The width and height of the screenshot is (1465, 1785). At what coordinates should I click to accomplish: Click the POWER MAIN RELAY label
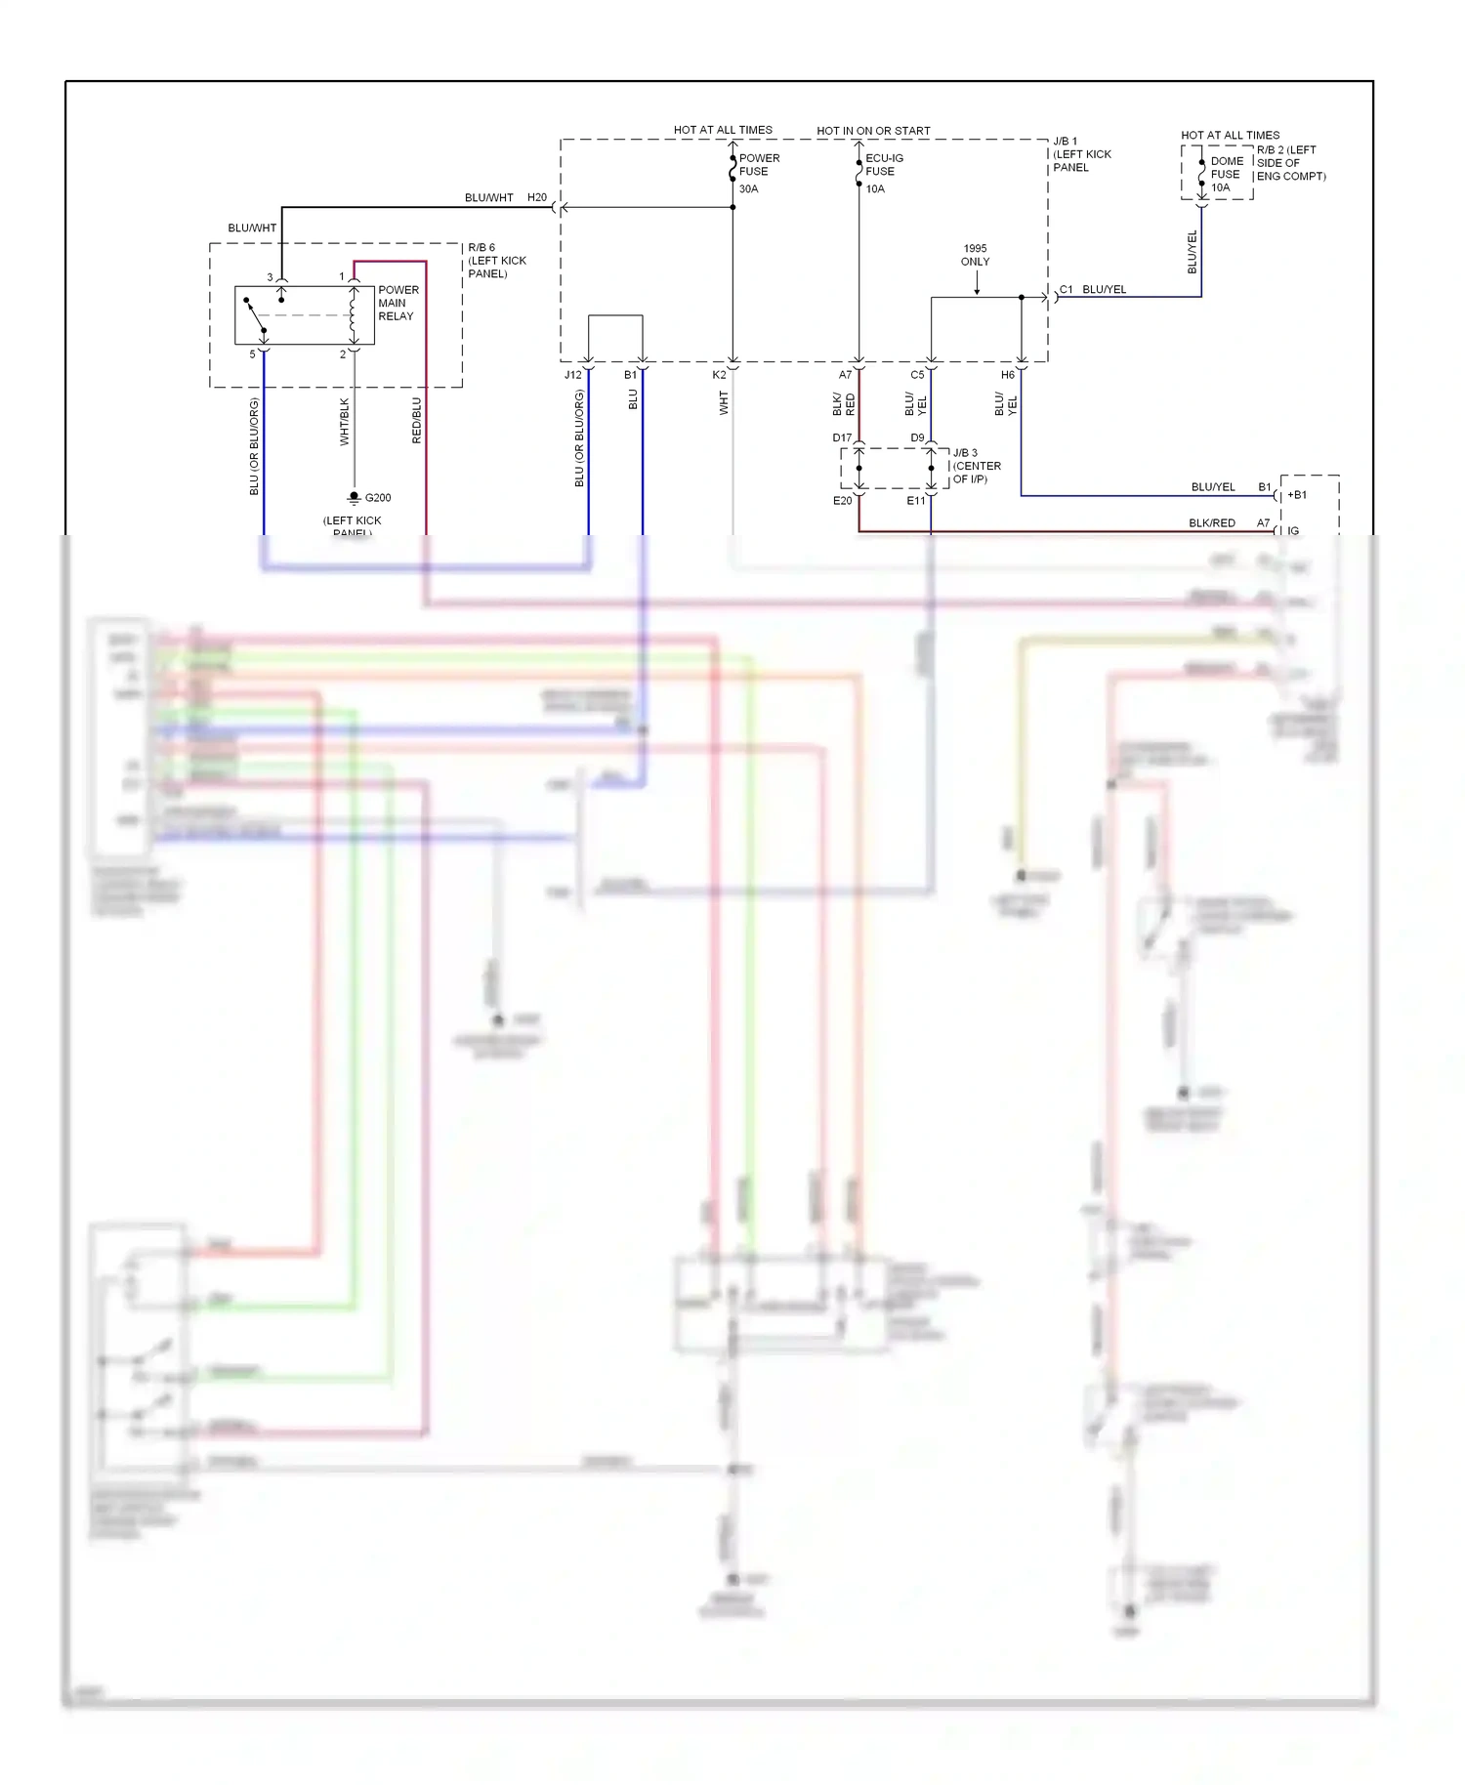point(398,303)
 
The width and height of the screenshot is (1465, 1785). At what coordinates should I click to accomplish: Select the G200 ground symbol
point(355,497)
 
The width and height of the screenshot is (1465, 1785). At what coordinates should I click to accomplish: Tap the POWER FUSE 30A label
point(758,172)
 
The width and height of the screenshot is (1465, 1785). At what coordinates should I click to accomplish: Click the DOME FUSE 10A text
point(1226,174)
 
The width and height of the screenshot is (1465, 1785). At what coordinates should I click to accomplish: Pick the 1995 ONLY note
point(975,255)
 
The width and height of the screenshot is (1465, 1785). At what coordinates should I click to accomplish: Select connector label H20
point(537,197)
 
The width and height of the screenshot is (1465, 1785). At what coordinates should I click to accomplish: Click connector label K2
point(719,375)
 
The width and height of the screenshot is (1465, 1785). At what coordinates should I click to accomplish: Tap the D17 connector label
point(842,437)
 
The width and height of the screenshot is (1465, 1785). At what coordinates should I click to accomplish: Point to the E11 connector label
point(915,501)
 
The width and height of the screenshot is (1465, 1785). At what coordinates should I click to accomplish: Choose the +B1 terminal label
point(1297,495)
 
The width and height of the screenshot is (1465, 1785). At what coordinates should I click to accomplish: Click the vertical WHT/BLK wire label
point(344,422)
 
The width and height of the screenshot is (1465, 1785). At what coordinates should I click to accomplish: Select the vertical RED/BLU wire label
point(417,421)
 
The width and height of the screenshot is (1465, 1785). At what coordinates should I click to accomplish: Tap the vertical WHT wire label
point(724,403)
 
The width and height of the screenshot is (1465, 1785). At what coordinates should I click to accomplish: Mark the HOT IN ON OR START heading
point(873,131)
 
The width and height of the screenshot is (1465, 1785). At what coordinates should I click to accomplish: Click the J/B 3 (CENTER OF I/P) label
point(976,466)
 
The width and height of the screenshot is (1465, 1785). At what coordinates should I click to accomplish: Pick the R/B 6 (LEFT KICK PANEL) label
point(496,261)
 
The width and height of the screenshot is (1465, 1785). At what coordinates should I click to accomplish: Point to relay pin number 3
point(271,277)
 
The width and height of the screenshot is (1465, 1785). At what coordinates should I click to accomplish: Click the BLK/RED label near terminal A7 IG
point(1211,523)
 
